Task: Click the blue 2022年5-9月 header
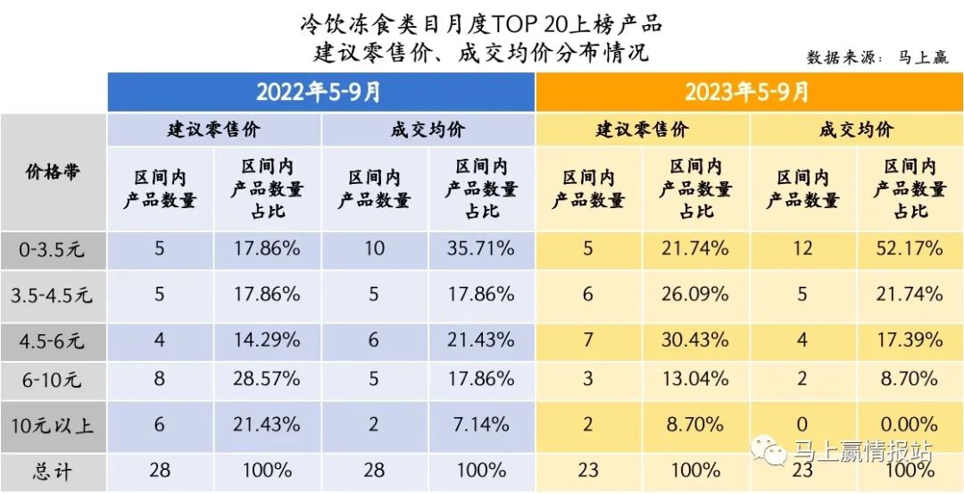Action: click(320, 92)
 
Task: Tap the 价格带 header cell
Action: click(54, 172)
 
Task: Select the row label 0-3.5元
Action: click(54, 248)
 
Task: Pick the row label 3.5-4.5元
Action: click(54, 294)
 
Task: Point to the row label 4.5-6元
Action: click(54, 339)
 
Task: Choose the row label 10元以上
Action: click(54, 425)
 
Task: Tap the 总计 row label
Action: click(54, 469)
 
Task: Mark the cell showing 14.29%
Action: click(266, 339)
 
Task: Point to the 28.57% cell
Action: click(266, 378)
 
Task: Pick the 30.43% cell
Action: click(694, 339)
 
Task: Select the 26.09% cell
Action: click(694, 294)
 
